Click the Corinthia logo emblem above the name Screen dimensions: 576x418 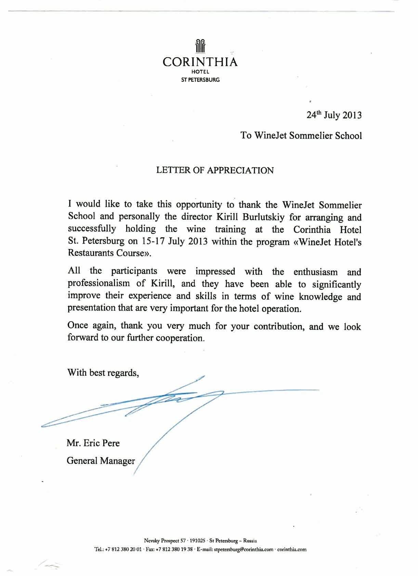coord(200,47)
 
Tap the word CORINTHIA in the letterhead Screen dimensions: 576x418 coord(200,62)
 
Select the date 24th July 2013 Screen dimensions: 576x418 coord(334,115)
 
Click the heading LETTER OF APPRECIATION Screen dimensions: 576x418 coord(215,170)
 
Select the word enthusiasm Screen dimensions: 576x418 coord(315,272)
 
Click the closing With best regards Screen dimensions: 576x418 coord(103,372)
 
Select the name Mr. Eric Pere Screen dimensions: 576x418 coord(93,443)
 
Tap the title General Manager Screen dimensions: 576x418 coord(101,461)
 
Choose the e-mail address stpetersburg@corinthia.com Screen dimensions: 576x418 coord(244,550)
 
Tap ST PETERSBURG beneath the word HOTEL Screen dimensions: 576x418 coord(200,80)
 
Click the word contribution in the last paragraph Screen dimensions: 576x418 coord(279,326)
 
